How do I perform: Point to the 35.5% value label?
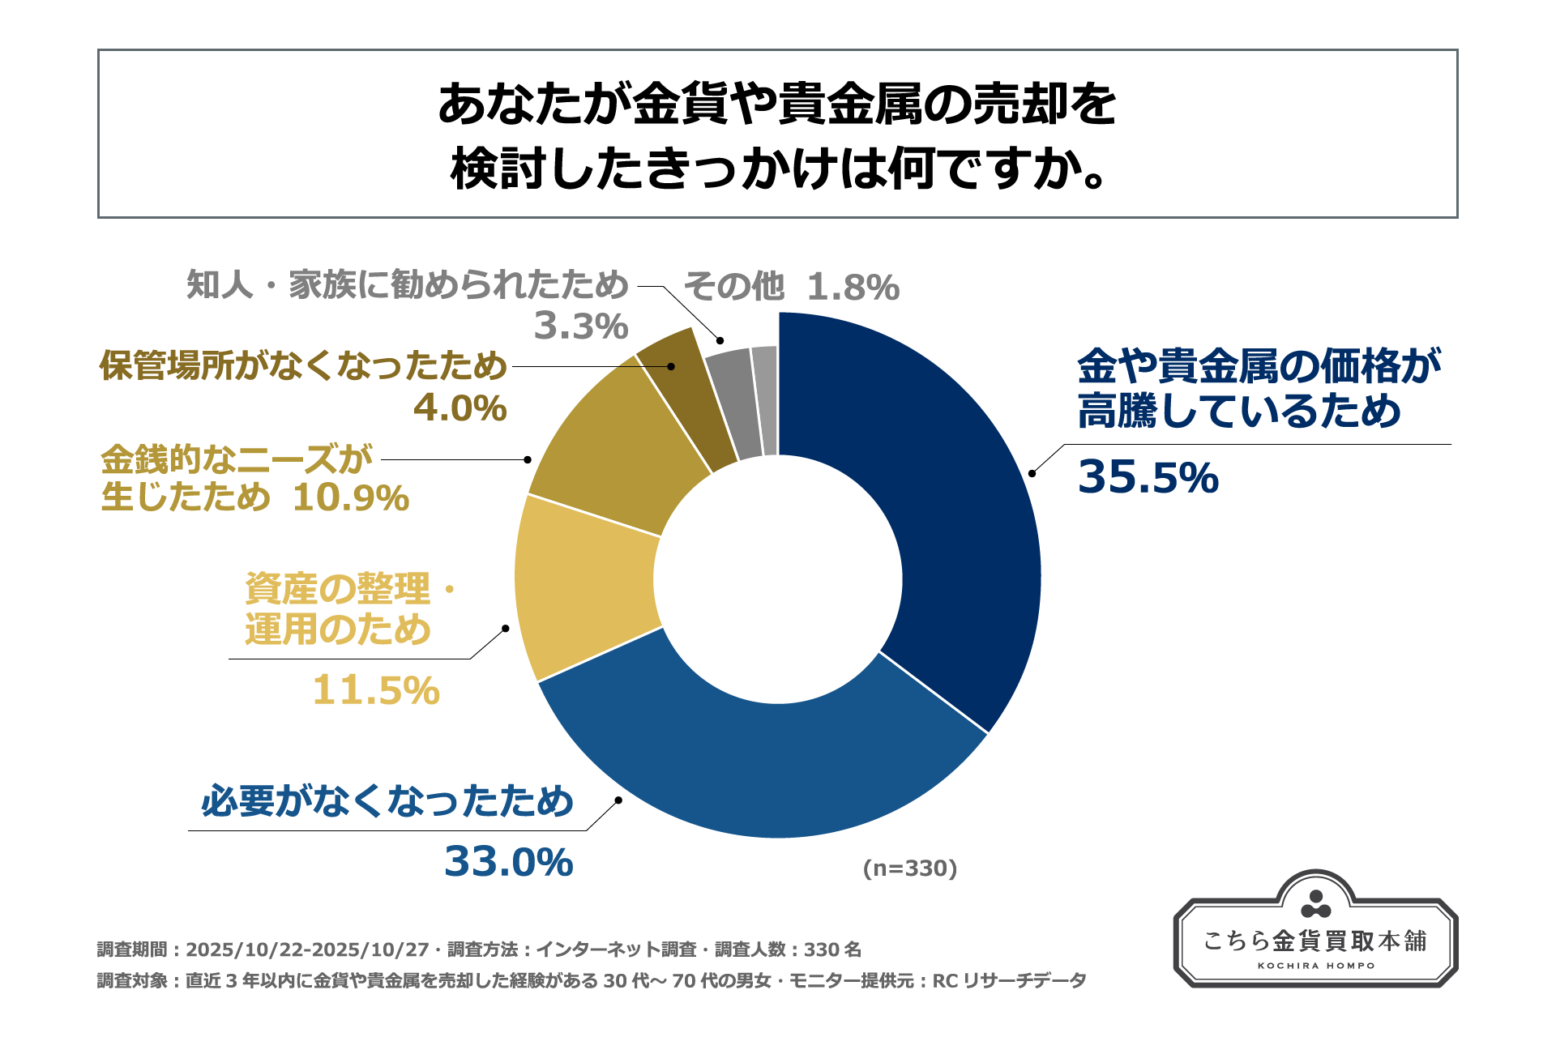1148,476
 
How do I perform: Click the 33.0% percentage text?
509,861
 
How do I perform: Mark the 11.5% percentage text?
376,690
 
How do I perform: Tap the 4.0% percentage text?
460,408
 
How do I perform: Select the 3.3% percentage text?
581,326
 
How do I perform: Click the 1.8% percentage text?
853,287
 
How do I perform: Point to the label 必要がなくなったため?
387,801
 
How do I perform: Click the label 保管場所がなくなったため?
303,366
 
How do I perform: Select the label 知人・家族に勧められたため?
408,285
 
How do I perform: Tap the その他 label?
734,287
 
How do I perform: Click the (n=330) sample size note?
910,868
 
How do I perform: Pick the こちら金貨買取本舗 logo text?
1315,941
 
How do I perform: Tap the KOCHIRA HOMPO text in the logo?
1316,966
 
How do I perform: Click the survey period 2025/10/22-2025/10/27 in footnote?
307,950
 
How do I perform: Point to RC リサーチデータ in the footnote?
1009,981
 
